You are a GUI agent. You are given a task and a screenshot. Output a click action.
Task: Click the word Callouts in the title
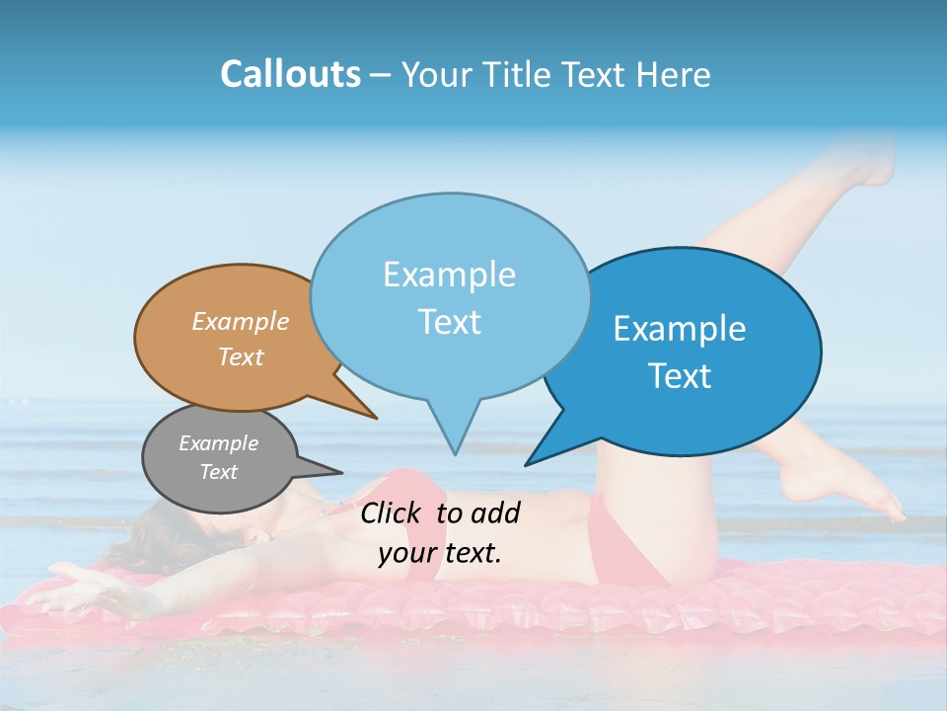coord(290,74)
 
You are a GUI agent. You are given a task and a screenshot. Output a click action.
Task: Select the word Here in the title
coord(676,74)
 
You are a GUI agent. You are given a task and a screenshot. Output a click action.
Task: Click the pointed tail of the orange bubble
coord(375,418)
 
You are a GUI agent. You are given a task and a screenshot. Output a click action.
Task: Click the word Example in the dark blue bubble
coord(680,329)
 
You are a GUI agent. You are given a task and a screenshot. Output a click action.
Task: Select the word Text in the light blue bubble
coord(450,322)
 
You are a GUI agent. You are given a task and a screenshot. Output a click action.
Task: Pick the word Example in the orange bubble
coord(241,321)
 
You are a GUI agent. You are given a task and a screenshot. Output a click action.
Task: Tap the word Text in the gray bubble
coord(219,472)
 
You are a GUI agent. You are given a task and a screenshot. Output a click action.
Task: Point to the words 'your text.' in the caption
coord(440,553)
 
